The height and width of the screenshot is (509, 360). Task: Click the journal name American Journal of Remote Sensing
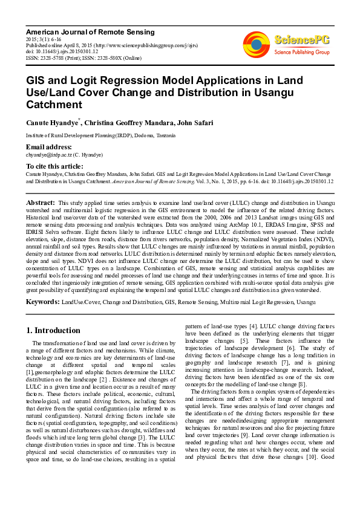pyautogui.click(x=90, y=31)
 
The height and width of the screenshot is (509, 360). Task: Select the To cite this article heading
pyautogui.click(x=54, y=166)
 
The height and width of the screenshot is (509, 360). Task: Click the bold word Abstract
pyautogui.click(x=41, y=203)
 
